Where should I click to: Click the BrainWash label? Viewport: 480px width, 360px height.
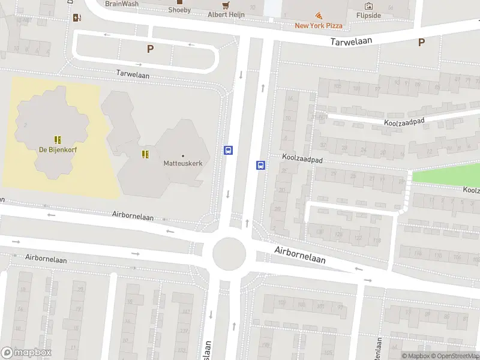tap(121, 4)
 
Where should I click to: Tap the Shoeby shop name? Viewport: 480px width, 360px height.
tap(179, 10)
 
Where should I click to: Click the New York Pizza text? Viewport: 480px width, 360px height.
tap(319, 25)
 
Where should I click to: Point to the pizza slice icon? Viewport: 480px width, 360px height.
tap(319, 16)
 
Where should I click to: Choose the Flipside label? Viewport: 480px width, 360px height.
tap(368, 15)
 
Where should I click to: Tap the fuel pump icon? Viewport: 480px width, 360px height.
tap(77, 17)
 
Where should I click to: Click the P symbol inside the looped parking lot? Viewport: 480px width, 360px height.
tap(150, 49)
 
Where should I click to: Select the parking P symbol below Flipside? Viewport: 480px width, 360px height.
tap(421, 42)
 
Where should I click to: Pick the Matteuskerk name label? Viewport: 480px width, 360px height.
tap(183, 163)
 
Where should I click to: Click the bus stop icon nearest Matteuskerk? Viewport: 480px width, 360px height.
tap(229, 151)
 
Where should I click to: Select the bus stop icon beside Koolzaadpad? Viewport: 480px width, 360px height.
tap(261, 165)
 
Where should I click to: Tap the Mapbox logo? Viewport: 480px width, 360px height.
tap(26, 353)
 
